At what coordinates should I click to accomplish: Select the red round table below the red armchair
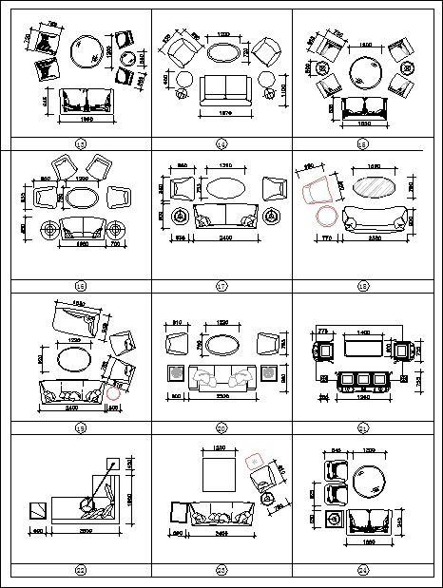[324, 217]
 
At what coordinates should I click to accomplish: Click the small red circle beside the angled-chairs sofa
[114, 389]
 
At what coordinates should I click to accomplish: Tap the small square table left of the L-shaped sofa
[36, 510]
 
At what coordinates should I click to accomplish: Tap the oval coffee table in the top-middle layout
[222, 56]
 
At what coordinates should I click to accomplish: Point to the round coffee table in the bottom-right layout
[368, 482]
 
